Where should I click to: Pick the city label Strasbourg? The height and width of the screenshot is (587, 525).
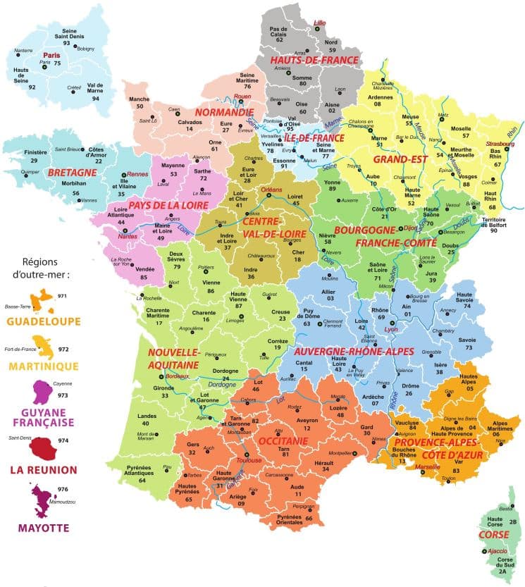coord(500,144)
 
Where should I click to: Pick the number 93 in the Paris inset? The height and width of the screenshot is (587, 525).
coord(67,43)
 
